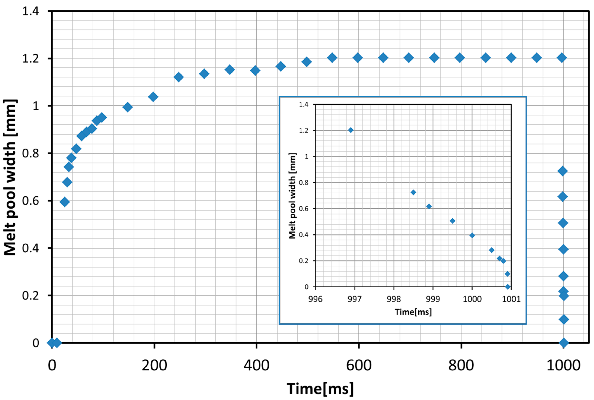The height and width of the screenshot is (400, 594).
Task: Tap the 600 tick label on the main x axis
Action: (x=359, y=365)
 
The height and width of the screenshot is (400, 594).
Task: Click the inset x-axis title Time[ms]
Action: (x=413, y=312)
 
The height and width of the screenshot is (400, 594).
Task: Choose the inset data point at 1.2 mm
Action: (x=351, y=130)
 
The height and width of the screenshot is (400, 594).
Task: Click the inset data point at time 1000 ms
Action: (x=472, y=235)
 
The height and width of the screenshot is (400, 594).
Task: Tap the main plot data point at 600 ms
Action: (x=358, y=58)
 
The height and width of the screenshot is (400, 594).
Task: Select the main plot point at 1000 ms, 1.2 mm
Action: (x=562, y=58)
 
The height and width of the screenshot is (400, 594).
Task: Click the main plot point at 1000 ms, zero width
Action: (x=564, y=343)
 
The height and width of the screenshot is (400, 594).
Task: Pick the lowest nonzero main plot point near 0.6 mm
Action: (x=65, y=202)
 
